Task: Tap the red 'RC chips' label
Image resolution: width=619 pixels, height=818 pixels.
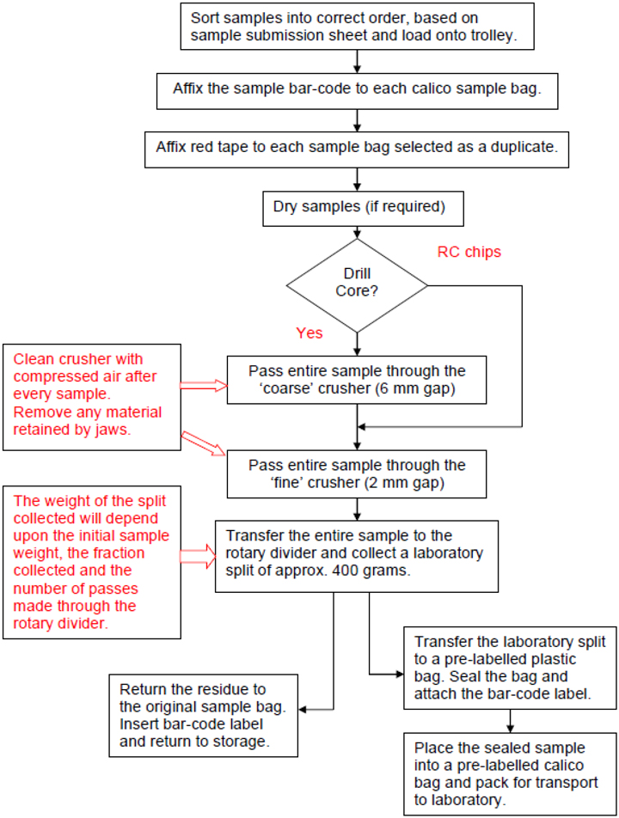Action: [469, 253]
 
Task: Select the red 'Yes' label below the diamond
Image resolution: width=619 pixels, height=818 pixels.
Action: [309, 332]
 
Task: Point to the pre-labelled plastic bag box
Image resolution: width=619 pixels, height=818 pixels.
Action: [510, 668]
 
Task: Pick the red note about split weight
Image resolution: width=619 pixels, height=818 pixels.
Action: [92, 559]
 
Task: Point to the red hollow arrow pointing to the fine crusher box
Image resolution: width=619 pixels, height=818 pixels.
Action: [204, 443]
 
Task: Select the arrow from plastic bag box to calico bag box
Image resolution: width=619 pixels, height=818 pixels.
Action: [510, 720]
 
